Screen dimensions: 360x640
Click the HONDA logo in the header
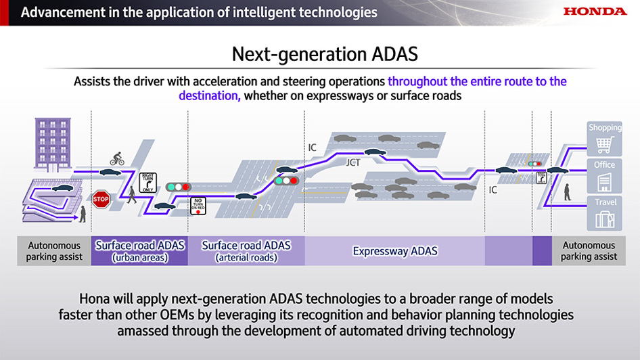coord(595,12)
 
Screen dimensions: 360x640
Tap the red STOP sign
coord(101,200)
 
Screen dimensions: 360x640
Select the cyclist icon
coord(117,159)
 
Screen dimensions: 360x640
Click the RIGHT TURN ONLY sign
coord(148,183)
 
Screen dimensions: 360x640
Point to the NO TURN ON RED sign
coord(198,206)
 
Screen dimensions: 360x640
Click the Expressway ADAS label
coord(395,251)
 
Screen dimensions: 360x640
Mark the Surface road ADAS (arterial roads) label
coord(246,251)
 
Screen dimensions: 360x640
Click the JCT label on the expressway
coord(353,163)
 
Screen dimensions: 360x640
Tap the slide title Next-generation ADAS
coord(319,53)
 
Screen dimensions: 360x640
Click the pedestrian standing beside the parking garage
coord(83,215)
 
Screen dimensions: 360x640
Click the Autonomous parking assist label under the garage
coord(54,251)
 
